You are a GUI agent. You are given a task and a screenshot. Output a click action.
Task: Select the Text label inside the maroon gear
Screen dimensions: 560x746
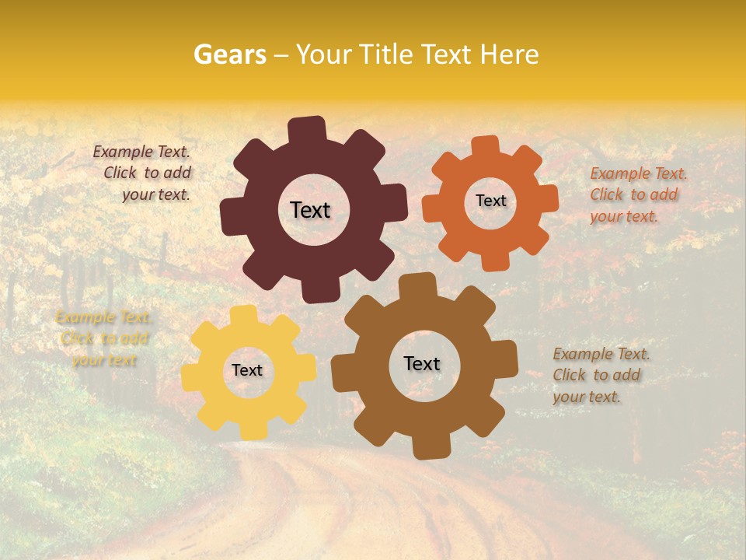click(310, 210)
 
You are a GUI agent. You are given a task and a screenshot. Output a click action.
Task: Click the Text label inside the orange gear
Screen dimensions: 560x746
click(490, 201)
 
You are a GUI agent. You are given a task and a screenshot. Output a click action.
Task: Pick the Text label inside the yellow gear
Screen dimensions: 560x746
click(247, 371)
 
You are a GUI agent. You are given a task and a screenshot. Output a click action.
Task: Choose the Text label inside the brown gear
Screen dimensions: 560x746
click(422, 364)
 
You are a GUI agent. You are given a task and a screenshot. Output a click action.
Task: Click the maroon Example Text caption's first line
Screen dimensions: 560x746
click(141, 152)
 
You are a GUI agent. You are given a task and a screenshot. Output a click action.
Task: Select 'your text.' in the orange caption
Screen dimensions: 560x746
click(624, 216)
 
